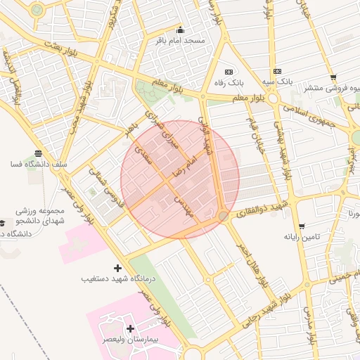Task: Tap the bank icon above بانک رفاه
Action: click(x=229, y=72)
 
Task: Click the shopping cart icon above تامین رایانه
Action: click(x=302, y=226)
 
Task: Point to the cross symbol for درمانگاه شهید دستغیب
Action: click(x=117, y=268)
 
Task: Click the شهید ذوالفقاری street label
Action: click(x=263, y=210)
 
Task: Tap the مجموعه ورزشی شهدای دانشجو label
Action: click(x=41, y=216)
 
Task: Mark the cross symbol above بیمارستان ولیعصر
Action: click(x=130, y=328)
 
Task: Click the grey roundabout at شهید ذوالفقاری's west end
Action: click(x=223, y=217)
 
